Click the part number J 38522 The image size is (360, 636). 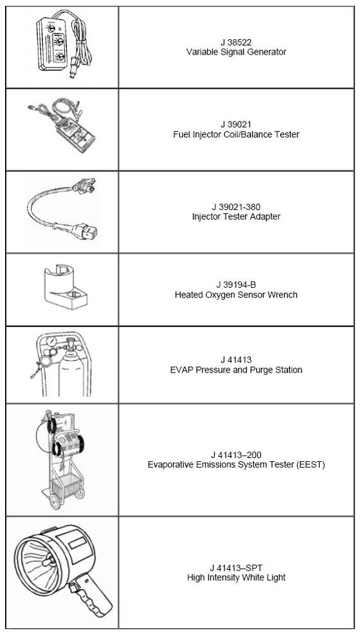[x=236, y=42]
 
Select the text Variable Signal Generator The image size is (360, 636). [x=236, y=52]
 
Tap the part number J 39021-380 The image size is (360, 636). [x=236, y=207]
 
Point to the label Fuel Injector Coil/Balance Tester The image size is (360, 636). [x=236, y=134]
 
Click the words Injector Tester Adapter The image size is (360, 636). [x=236, y=216]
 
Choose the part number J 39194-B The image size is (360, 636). [x=236, y=285]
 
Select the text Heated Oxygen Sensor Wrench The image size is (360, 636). [x=236, y=295]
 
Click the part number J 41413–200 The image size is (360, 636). [x=236, y=455]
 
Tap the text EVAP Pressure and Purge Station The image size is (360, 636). [x=236, y=370]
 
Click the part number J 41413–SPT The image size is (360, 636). [x=236, y=568]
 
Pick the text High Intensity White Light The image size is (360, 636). [x=236, y=578]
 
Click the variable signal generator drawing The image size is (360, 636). [x=61, y=44]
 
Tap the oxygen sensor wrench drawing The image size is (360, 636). [x=67, y=286]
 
